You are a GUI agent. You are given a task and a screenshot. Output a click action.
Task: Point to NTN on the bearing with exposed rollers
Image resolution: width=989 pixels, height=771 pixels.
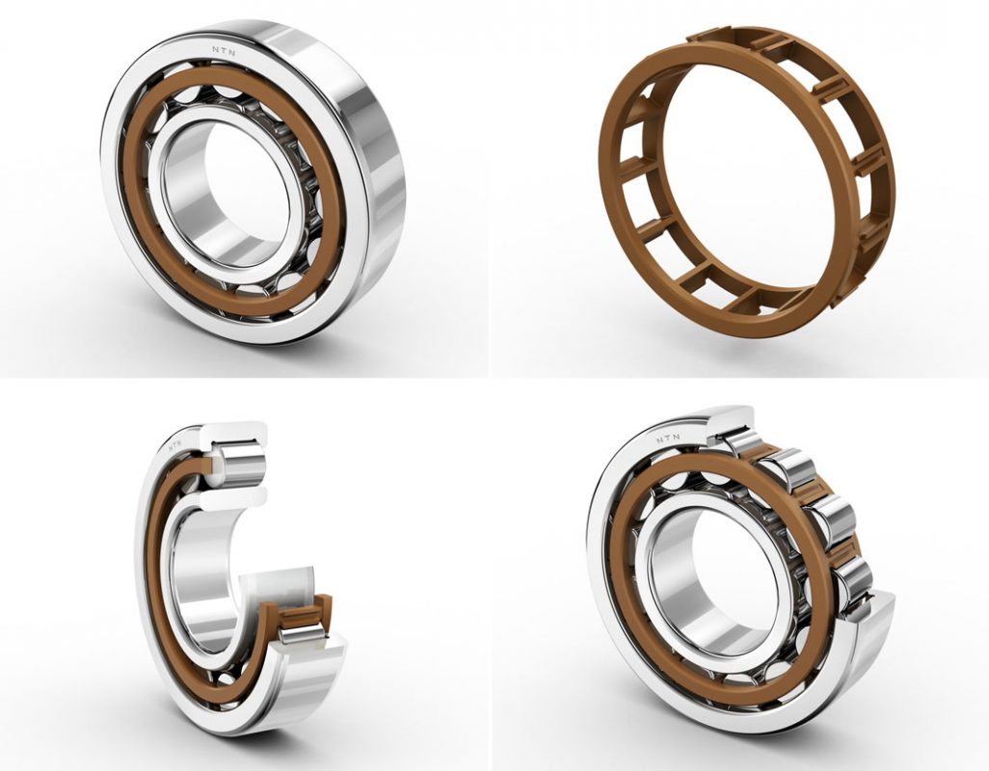pos(669,439)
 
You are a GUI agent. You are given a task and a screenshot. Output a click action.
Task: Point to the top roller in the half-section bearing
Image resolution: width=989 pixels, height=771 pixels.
pos(236,465)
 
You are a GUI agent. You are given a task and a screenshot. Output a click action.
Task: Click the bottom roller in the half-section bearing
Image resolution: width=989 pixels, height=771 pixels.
pos(302,631)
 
